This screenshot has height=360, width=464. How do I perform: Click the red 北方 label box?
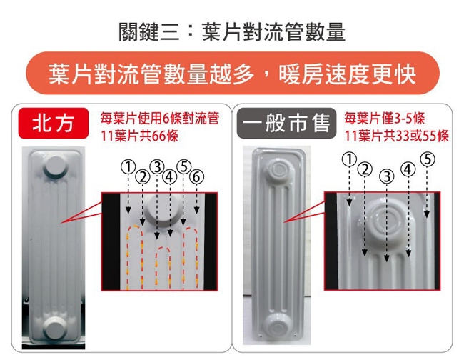54,123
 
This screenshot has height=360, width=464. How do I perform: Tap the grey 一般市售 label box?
286,123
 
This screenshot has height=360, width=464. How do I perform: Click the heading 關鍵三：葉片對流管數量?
232,32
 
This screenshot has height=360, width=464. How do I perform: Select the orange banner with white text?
233,73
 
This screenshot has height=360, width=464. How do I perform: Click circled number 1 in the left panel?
128,166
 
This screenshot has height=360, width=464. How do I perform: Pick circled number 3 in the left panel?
157,167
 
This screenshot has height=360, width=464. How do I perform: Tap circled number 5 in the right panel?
428,159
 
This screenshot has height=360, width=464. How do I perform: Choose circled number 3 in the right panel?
387,176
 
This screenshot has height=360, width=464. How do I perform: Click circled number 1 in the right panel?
349,159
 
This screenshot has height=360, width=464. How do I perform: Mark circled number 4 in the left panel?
169,177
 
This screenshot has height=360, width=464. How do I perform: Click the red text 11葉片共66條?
140,136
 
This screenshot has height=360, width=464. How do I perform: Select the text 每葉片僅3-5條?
384,119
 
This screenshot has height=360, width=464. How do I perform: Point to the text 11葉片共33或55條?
396,136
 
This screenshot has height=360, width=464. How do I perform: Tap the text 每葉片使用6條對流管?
160,119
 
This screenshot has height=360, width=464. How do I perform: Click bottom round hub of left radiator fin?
56,327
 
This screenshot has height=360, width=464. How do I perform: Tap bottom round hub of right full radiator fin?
278,326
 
